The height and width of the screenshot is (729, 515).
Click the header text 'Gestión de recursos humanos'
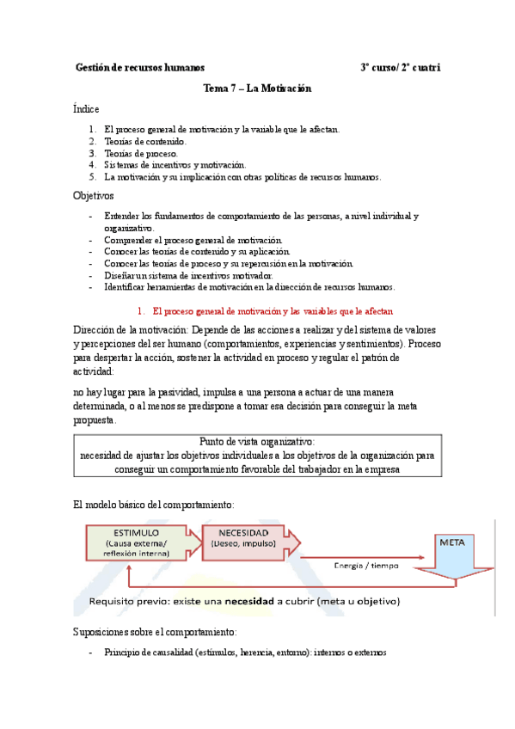pos(140,67)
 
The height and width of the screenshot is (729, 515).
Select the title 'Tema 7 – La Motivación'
pos(256,89)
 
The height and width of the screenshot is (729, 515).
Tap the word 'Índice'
pos(87,109)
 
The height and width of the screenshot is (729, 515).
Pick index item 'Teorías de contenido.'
pos(144,141)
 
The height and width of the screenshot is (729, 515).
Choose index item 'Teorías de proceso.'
pos(141,153)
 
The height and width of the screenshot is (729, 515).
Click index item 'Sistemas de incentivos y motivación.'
pos(175,165)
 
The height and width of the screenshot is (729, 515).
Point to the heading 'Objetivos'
pos(95,197)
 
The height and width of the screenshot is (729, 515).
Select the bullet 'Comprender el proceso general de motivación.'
pos(199,240)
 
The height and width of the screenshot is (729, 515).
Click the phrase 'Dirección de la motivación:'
pos(132,330)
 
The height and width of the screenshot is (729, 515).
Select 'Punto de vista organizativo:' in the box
pos(257,441)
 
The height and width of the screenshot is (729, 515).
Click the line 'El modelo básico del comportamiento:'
pos(154,504)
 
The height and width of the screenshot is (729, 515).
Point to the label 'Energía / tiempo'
pos(370,565)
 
